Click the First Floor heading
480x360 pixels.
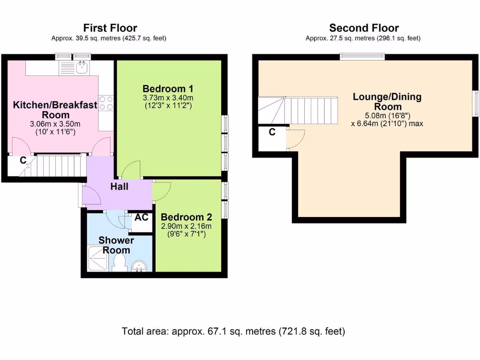click(x=110, y=28)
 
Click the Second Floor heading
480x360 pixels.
click(x=364, y=28)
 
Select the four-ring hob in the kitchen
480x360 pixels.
click(x=106, y=103)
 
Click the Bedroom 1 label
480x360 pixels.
click(x=168, y=89)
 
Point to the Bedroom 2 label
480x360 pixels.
click(x=187, y=217)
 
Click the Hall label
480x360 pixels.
click(x=120, y=187)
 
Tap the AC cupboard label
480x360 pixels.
click(x=142, y=217)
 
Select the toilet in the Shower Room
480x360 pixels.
click(x=120, y=262)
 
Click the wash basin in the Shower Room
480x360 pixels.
click(x=140, y=266)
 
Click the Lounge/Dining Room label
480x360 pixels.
click(x=387, y=102)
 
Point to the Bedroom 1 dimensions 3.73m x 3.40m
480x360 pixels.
click(x=168, y=98)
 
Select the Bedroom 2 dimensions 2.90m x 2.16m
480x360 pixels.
click(x=187, y=226)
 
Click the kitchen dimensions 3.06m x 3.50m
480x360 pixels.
click(x=55, y=124)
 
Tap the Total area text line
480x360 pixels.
click(x=233, y=331)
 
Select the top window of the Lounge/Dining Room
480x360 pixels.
click(x=362, y=57)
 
